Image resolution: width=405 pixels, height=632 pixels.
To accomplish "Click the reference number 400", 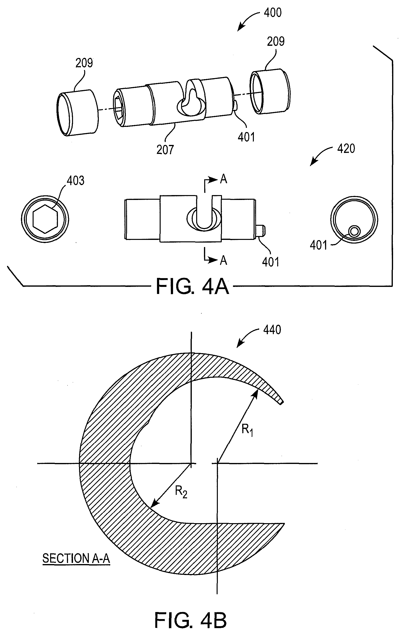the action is (273, 13).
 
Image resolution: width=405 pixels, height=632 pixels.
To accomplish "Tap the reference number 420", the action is (346, 149).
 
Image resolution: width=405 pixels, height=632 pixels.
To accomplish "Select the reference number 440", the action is (272, 330).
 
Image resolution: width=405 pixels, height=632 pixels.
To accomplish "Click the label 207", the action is (165, 150).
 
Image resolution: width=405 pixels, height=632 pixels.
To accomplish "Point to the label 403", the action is (75, 181).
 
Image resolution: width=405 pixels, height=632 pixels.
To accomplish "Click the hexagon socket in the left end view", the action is (45, 219).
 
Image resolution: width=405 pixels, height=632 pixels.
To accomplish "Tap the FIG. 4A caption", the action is (193, 287).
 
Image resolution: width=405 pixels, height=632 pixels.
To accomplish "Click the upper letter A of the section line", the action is (223, 179).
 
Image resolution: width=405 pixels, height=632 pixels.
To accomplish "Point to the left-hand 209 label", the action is (84, 63).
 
